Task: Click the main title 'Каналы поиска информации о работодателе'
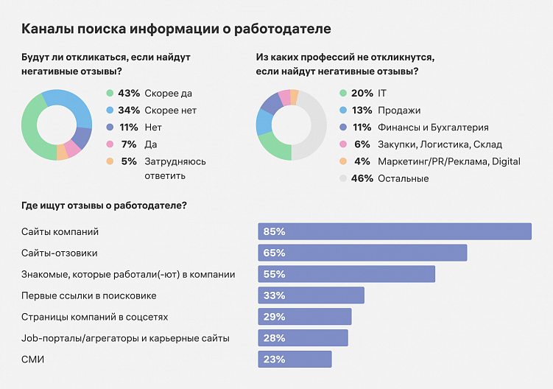[x=176, y=29]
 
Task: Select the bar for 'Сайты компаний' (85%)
[x=394, y=231]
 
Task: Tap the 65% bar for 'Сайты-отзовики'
[x=362, y=253]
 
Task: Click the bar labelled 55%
[x=346, y=274]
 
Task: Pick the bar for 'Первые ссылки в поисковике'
[x=311, y=295]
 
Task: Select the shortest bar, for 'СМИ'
[x=295, y=359]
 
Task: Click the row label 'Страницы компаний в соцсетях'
[x=95, y=317]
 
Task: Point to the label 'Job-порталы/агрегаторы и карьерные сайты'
[x=125, y=338]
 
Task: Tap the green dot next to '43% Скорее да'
[x=110, y=94]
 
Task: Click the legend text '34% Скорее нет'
[x=157, y=111]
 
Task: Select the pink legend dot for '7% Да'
[x=110, y=144]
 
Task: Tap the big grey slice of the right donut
[x=315, y=125]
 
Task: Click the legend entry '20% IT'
[x=368, y=94]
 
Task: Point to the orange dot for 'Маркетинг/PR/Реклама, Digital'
[x=343, y=161]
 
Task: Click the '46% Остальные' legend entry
[x=390, y=178]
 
